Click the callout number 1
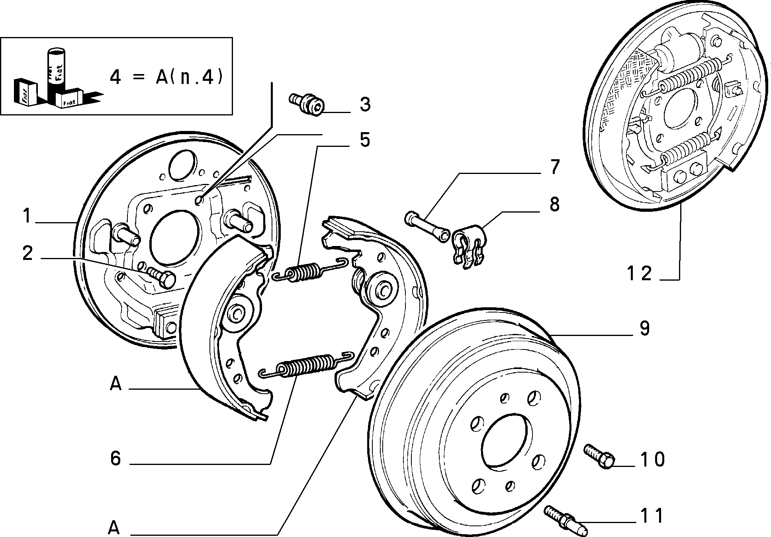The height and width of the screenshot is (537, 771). tap(27, 217)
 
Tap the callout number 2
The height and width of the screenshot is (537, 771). tap(27, 254)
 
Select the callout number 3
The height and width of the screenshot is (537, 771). tap(365, 104)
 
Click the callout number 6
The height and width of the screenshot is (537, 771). tap(115, 458)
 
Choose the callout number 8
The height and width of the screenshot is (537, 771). tap(554, 204)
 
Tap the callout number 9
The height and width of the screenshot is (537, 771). tap(644, 328)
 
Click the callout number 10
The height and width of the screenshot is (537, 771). tap(652, 459)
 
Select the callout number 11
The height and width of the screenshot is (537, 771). tap(652, 516)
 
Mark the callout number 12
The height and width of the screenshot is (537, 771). tap(639, 273)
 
